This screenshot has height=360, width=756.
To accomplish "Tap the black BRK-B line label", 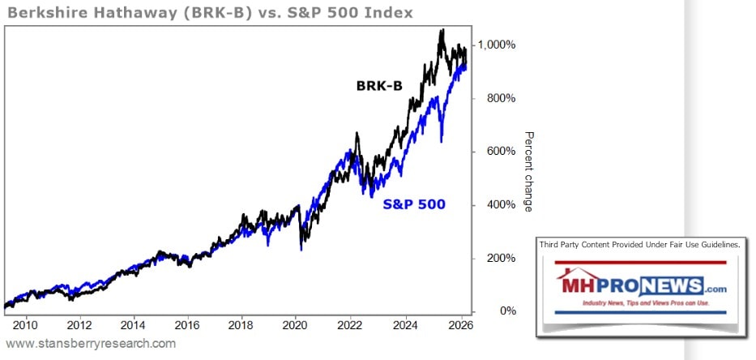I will [x=380, y=85].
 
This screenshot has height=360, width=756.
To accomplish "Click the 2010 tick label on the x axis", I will [x=24, y=326].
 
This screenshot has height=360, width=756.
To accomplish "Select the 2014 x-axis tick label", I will [x=133, y=326].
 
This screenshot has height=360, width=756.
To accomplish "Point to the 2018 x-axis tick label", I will [x=241, y=326].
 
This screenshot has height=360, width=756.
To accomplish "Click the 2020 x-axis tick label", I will [x=296, y=326].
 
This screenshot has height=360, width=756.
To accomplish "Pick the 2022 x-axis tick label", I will [x=350, y=326].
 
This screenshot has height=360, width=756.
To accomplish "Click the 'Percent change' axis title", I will [x=528, y=171].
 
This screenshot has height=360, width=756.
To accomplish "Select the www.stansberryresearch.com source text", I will [x=91, y=344].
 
